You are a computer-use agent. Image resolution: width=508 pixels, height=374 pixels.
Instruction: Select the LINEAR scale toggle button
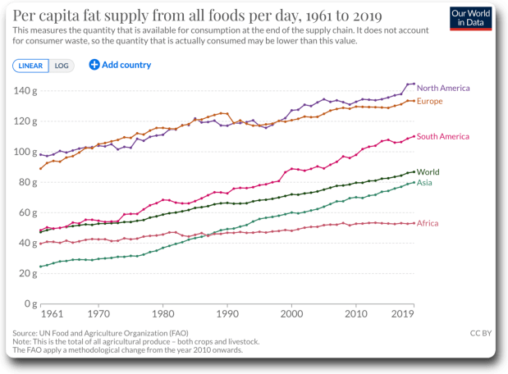pos(30,65)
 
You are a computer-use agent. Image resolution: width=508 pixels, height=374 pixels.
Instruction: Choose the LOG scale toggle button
pos(62,65)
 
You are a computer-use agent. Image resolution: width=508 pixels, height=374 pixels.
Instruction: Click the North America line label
pos(442,88)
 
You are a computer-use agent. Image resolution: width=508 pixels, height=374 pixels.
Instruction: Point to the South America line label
pos(442,136)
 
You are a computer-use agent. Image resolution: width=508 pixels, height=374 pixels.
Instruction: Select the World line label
pos(428,172)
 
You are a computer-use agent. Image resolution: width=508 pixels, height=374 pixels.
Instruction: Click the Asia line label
pos(424,183)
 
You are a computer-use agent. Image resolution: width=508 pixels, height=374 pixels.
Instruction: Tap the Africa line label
pos(428,223)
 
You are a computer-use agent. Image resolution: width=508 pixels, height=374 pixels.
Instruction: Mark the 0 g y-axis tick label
pos(30,303)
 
